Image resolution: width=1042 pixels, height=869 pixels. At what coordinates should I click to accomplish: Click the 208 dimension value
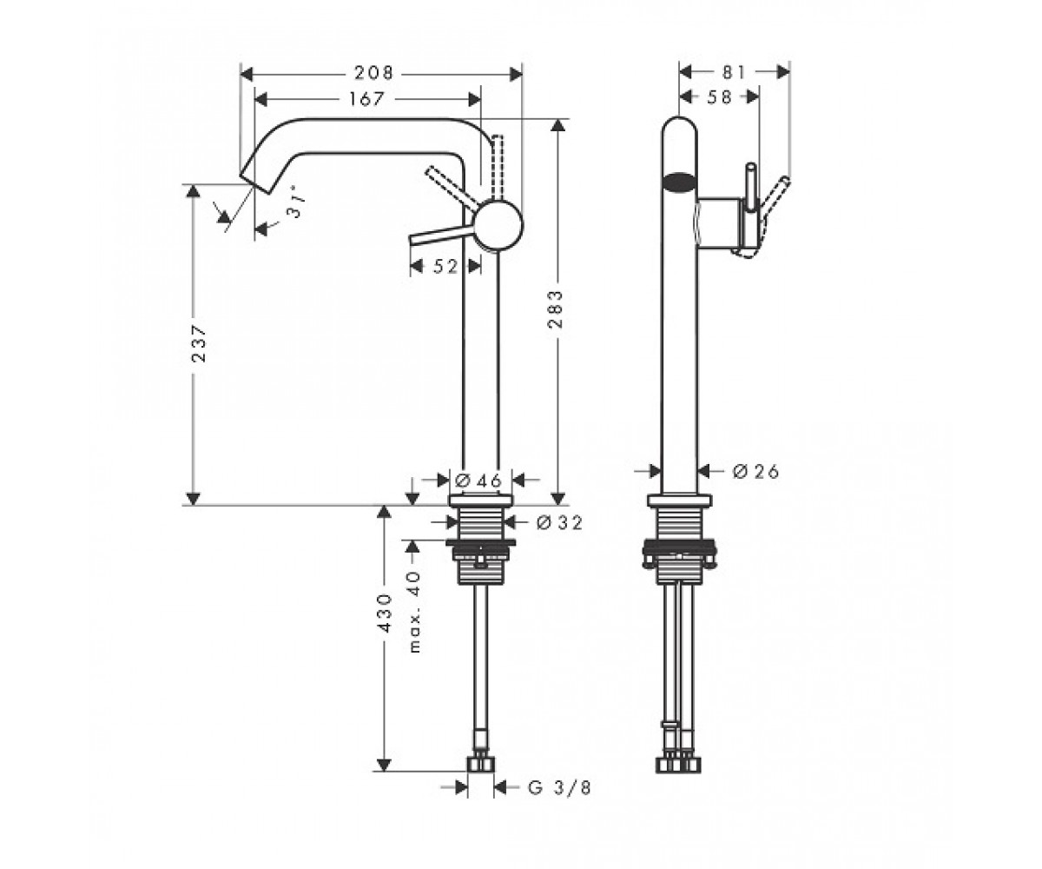(x=373, y=73)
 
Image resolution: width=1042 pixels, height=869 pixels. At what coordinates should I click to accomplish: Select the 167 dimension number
(x=366, y=99)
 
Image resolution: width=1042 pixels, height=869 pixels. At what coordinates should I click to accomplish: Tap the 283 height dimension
(x=555, y=309)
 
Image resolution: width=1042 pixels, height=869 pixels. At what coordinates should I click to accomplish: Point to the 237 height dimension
(x=199, y=343)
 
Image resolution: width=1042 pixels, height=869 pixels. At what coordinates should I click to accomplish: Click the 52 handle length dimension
(x=445, y=266)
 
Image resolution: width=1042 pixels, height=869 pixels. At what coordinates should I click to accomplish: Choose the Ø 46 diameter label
(x=478, y=481)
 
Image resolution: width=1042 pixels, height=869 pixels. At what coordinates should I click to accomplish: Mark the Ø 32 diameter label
(x=559, y=523)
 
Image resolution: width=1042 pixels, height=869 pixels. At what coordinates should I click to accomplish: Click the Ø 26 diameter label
(x=755, y=471)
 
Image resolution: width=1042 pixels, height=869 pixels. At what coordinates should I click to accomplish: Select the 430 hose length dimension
(x=386, y=613)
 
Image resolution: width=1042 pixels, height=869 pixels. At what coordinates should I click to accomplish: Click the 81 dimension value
(x=734, y=72)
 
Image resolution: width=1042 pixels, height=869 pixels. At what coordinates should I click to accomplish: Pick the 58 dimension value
(x=719, y=96)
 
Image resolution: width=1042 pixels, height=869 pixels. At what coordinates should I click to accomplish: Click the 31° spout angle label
(x=294, y=206)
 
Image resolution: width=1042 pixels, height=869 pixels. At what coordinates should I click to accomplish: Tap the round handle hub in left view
(x=498, y=225)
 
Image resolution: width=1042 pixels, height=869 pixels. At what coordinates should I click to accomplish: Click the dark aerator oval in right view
(x=679, y=181)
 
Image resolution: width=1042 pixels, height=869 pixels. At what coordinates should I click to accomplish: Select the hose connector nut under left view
(x=480, y=765)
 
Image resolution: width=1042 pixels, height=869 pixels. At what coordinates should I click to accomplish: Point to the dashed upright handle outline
(x=498, y=168)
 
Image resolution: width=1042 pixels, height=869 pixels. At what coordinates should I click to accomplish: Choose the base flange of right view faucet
(x=679, y=501)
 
